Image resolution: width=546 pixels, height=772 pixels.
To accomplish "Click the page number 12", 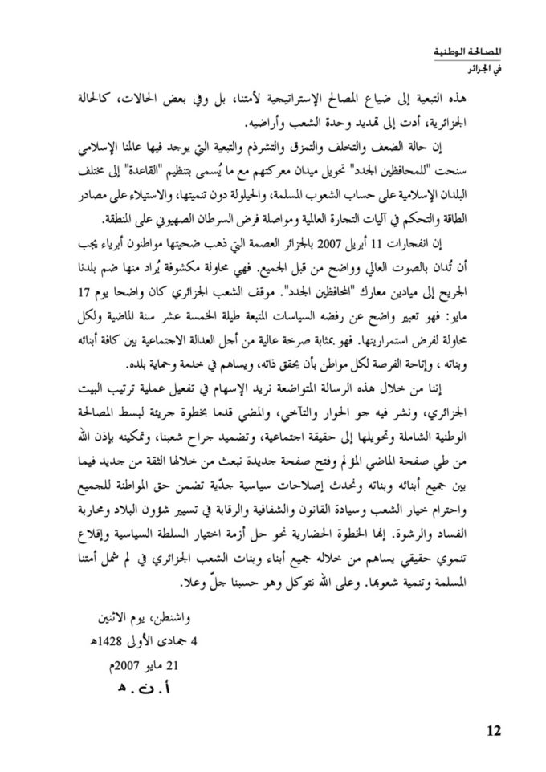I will pyautogui.click(x=492, y=730).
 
